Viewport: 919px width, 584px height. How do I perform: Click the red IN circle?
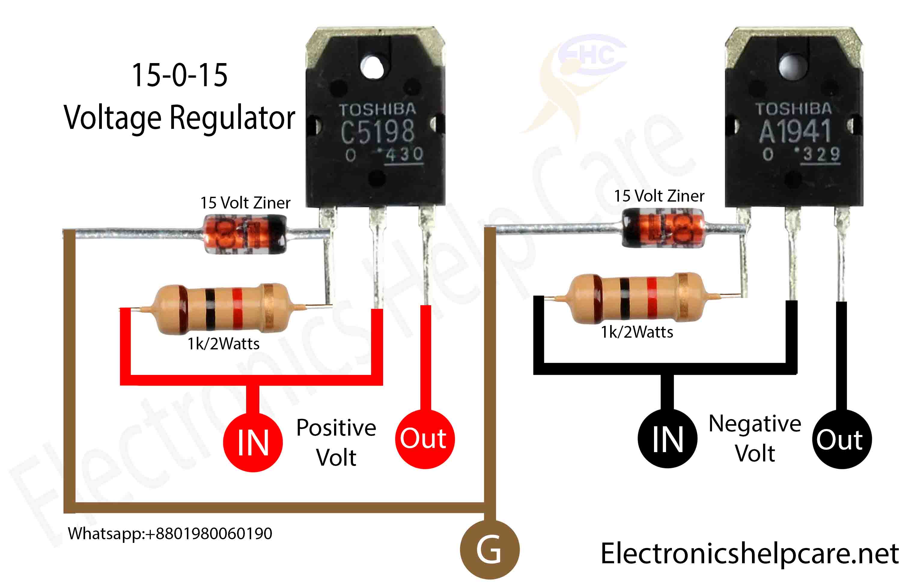[253, 442]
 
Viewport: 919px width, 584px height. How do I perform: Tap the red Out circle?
[425, 439]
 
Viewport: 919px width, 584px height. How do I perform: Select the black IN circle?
[667, 439]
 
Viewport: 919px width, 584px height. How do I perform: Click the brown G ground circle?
[489, 550]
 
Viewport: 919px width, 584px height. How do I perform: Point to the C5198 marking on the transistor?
[377, 131]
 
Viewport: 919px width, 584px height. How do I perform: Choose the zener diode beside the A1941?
[663, 228]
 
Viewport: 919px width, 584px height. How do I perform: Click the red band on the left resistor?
[237, 309]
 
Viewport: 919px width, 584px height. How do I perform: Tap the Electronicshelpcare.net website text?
[750, 553]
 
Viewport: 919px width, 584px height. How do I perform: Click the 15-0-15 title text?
[179, 75]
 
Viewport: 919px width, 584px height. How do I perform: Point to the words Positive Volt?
[336, 442]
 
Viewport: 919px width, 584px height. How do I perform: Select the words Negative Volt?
[754, 438]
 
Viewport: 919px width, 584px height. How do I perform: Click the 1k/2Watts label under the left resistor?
[223, 344]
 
